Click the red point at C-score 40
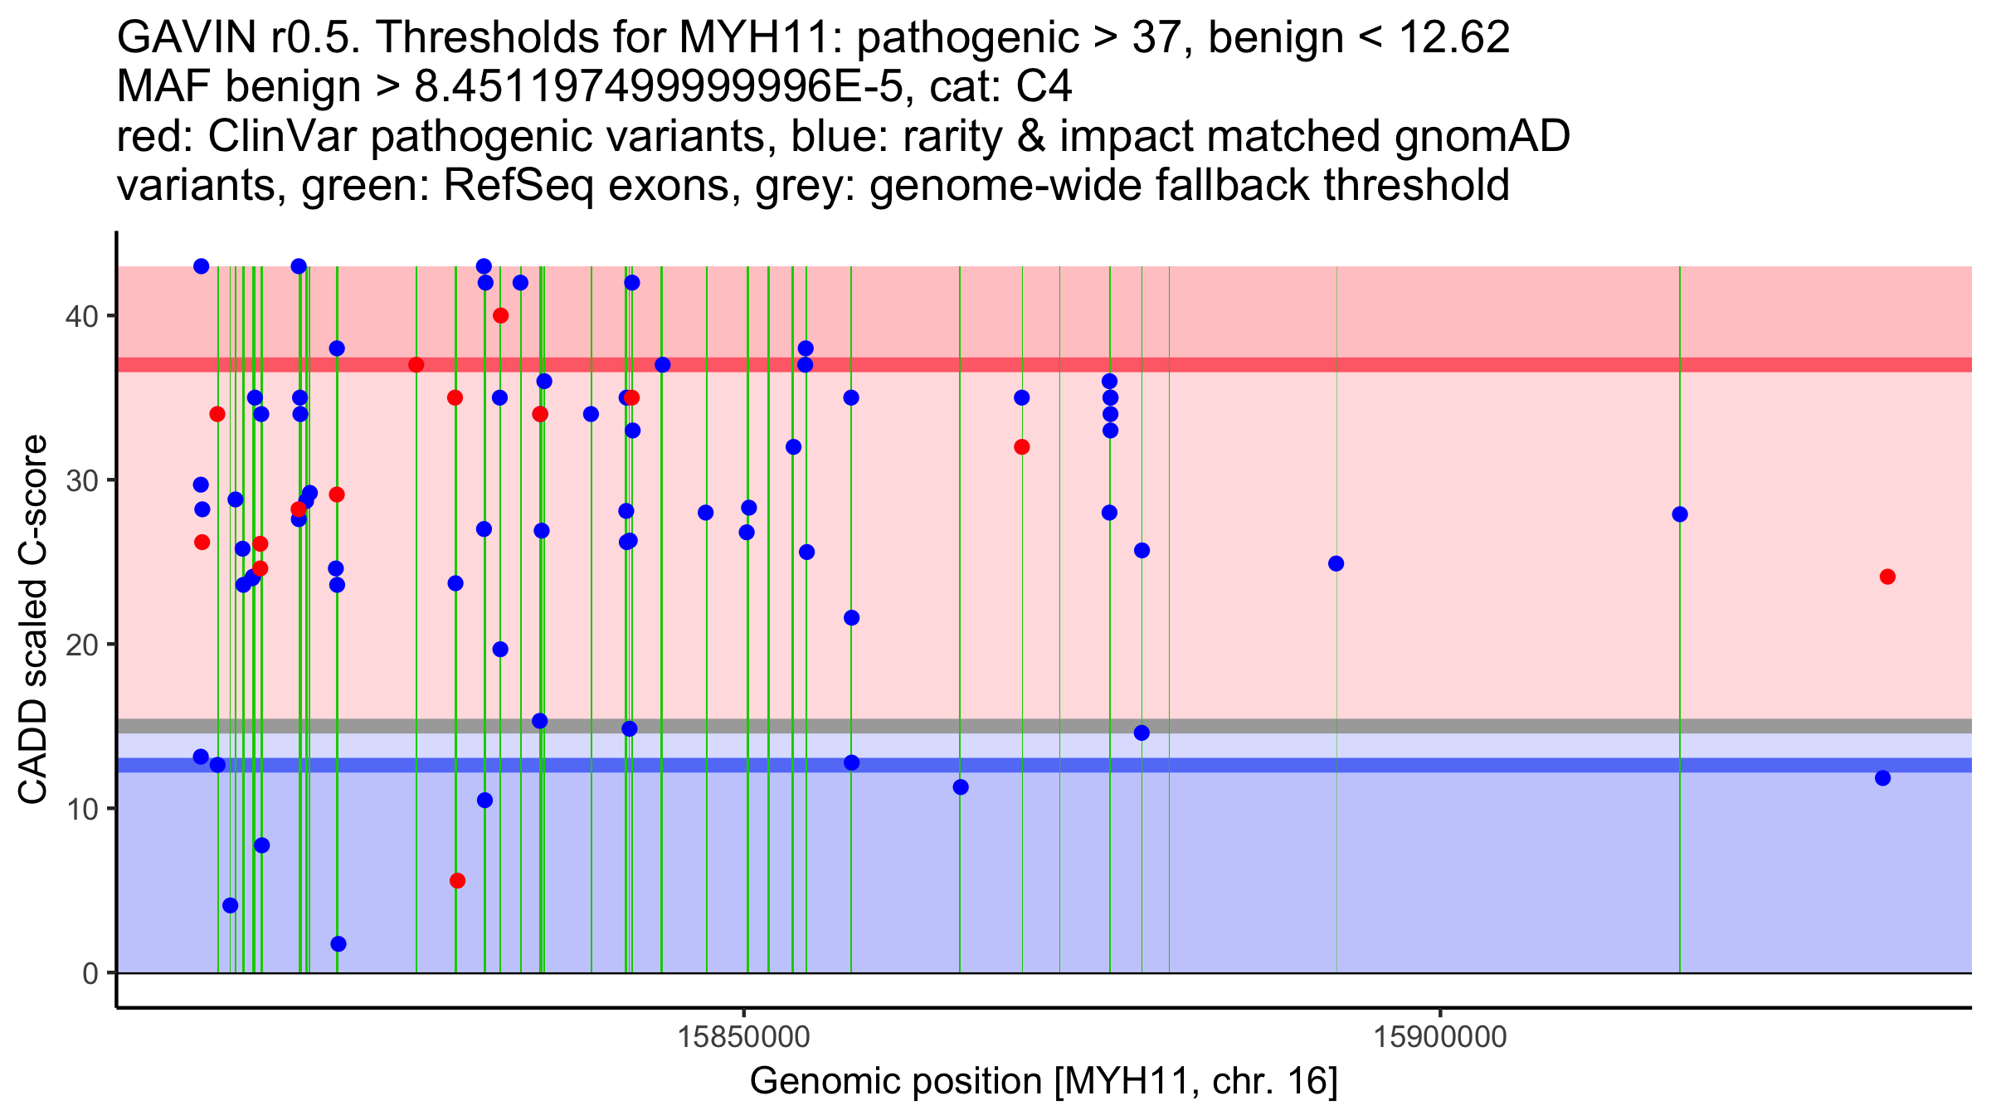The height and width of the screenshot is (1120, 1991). tap(500, 315)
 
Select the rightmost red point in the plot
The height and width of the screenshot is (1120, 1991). tap(1887, 577)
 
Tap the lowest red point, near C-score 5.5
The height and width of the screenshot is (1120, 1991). tap(457, 880)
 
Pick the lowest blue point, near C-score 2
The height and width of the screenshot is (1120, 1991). tap(338, 944)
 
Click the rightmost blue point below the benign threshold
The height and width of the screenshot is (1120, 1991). tap(1882, 778)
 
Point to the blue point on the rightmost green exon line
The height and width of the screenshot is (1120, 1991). tap(1680, 514)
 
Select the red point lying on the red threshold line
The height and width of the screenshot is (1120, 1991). tap(416, 365)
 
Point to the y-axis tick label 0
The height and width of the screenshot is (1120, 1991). tap(90, 973)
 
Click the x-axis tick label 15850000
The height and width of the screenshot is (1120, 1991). tap(743, 1037)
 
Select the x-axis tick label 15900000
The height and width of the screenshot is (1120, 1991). tap(1439, 1037)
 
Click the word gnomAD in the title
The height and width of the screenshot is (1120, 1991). tap(1482, 136)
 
